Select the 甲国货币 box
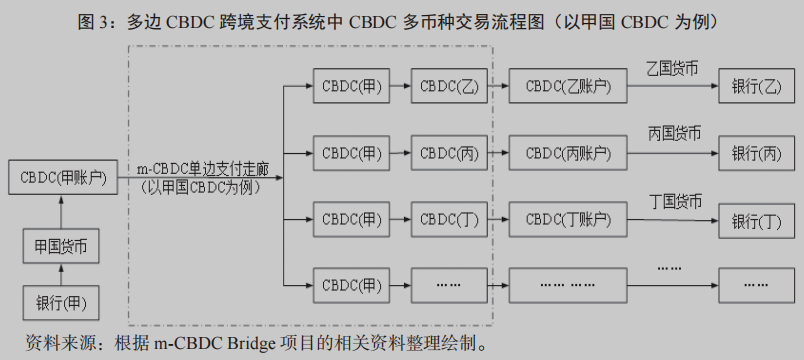tap(61, 245)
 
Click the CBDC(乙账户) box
tap(567, 86)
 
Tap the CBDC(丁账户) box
tap(567, 220)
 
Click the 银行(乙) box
tap(756, 86)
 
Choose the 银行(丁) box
tap(756, 220)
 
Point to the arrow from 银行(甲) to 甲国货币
tap(61, 274)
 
